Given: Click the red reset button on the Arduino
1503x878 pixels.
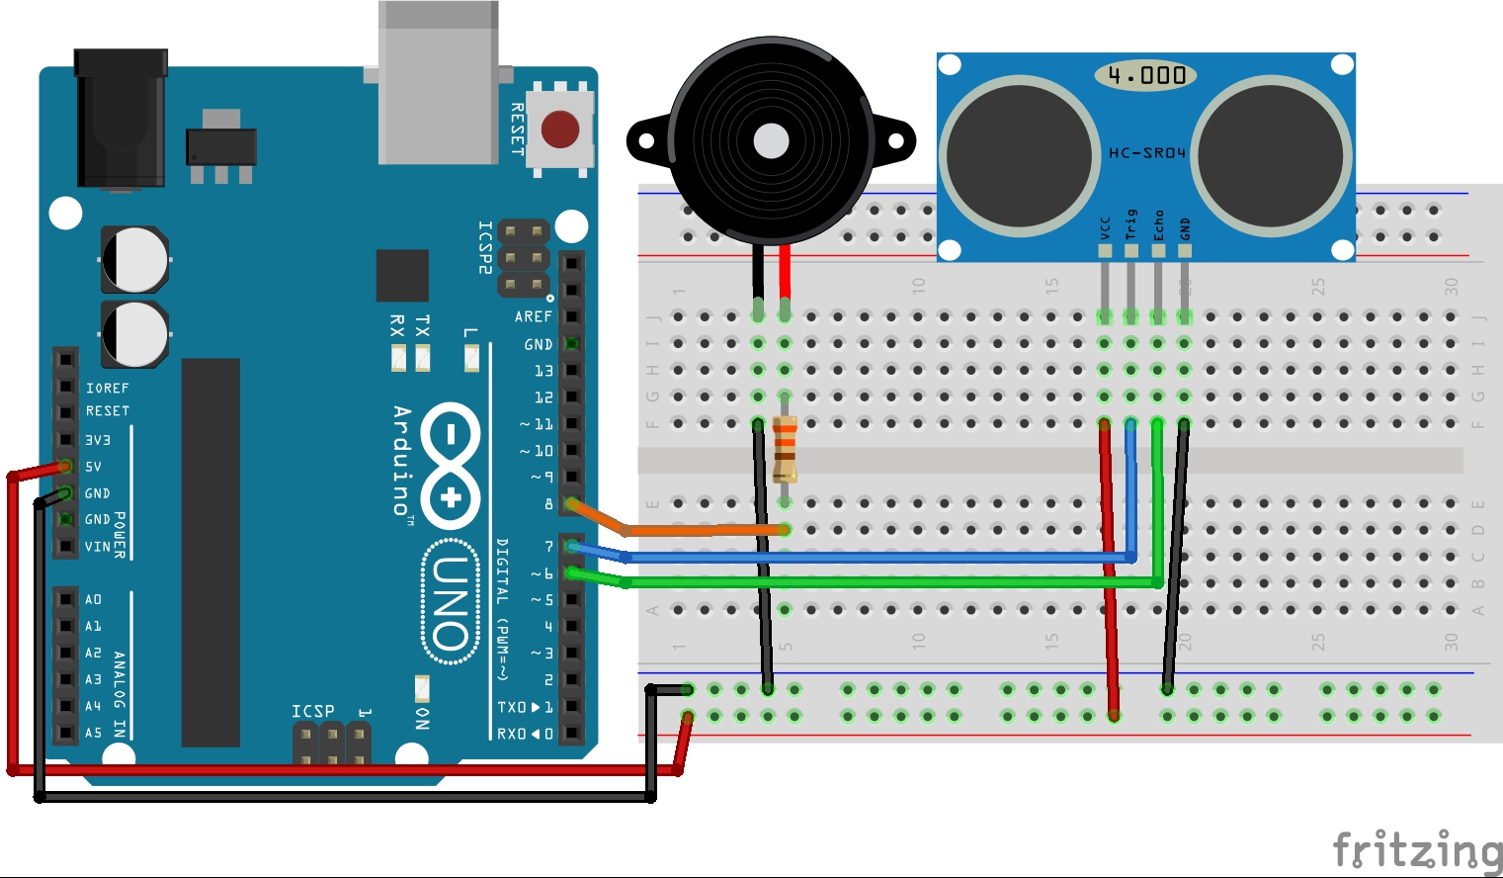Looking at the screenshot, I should click(560, 129).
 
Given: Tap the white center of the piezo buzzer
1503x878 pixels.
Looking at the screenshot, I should click(771, 141).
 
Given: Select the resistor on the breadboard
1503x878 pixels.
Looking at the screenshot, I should click(785, 449).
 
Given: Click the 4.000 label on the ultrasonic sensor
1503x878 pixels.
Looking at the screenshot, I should click(1146, 75).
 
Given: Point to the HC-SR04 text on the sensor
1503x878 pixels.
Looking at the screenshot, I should click(1146, 153).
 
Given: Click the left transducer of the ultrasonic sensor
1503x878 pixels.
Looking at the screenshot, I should click(1019, 155).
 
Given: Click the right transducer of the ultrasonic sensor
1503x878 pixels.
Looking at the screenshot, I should click(1272, 155).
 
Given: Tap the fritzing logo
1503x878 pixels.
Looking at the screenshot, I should click(1416, 850).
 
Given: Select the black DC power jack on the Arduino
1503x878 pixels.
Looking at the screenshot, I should click(121, 119).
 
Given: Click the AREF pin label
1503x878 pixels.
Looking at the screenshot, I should click(533, 316).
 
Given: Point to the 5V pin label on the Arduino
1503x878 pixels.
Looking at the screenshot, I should click(93, 467).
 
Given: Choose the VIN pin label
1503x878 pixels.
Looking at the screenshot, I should click(98, 547).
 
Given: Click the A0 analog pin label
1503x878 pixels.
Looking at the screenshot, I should click(93, 600).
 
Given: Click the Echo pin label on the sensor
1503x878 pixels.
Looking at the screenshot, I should click(1159, 225).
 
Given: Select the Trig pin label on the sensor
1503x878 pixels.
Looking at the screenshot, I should click(1131, 224).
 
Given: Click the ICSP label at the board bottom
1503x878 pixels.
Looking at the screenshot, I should click(312, 712).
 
